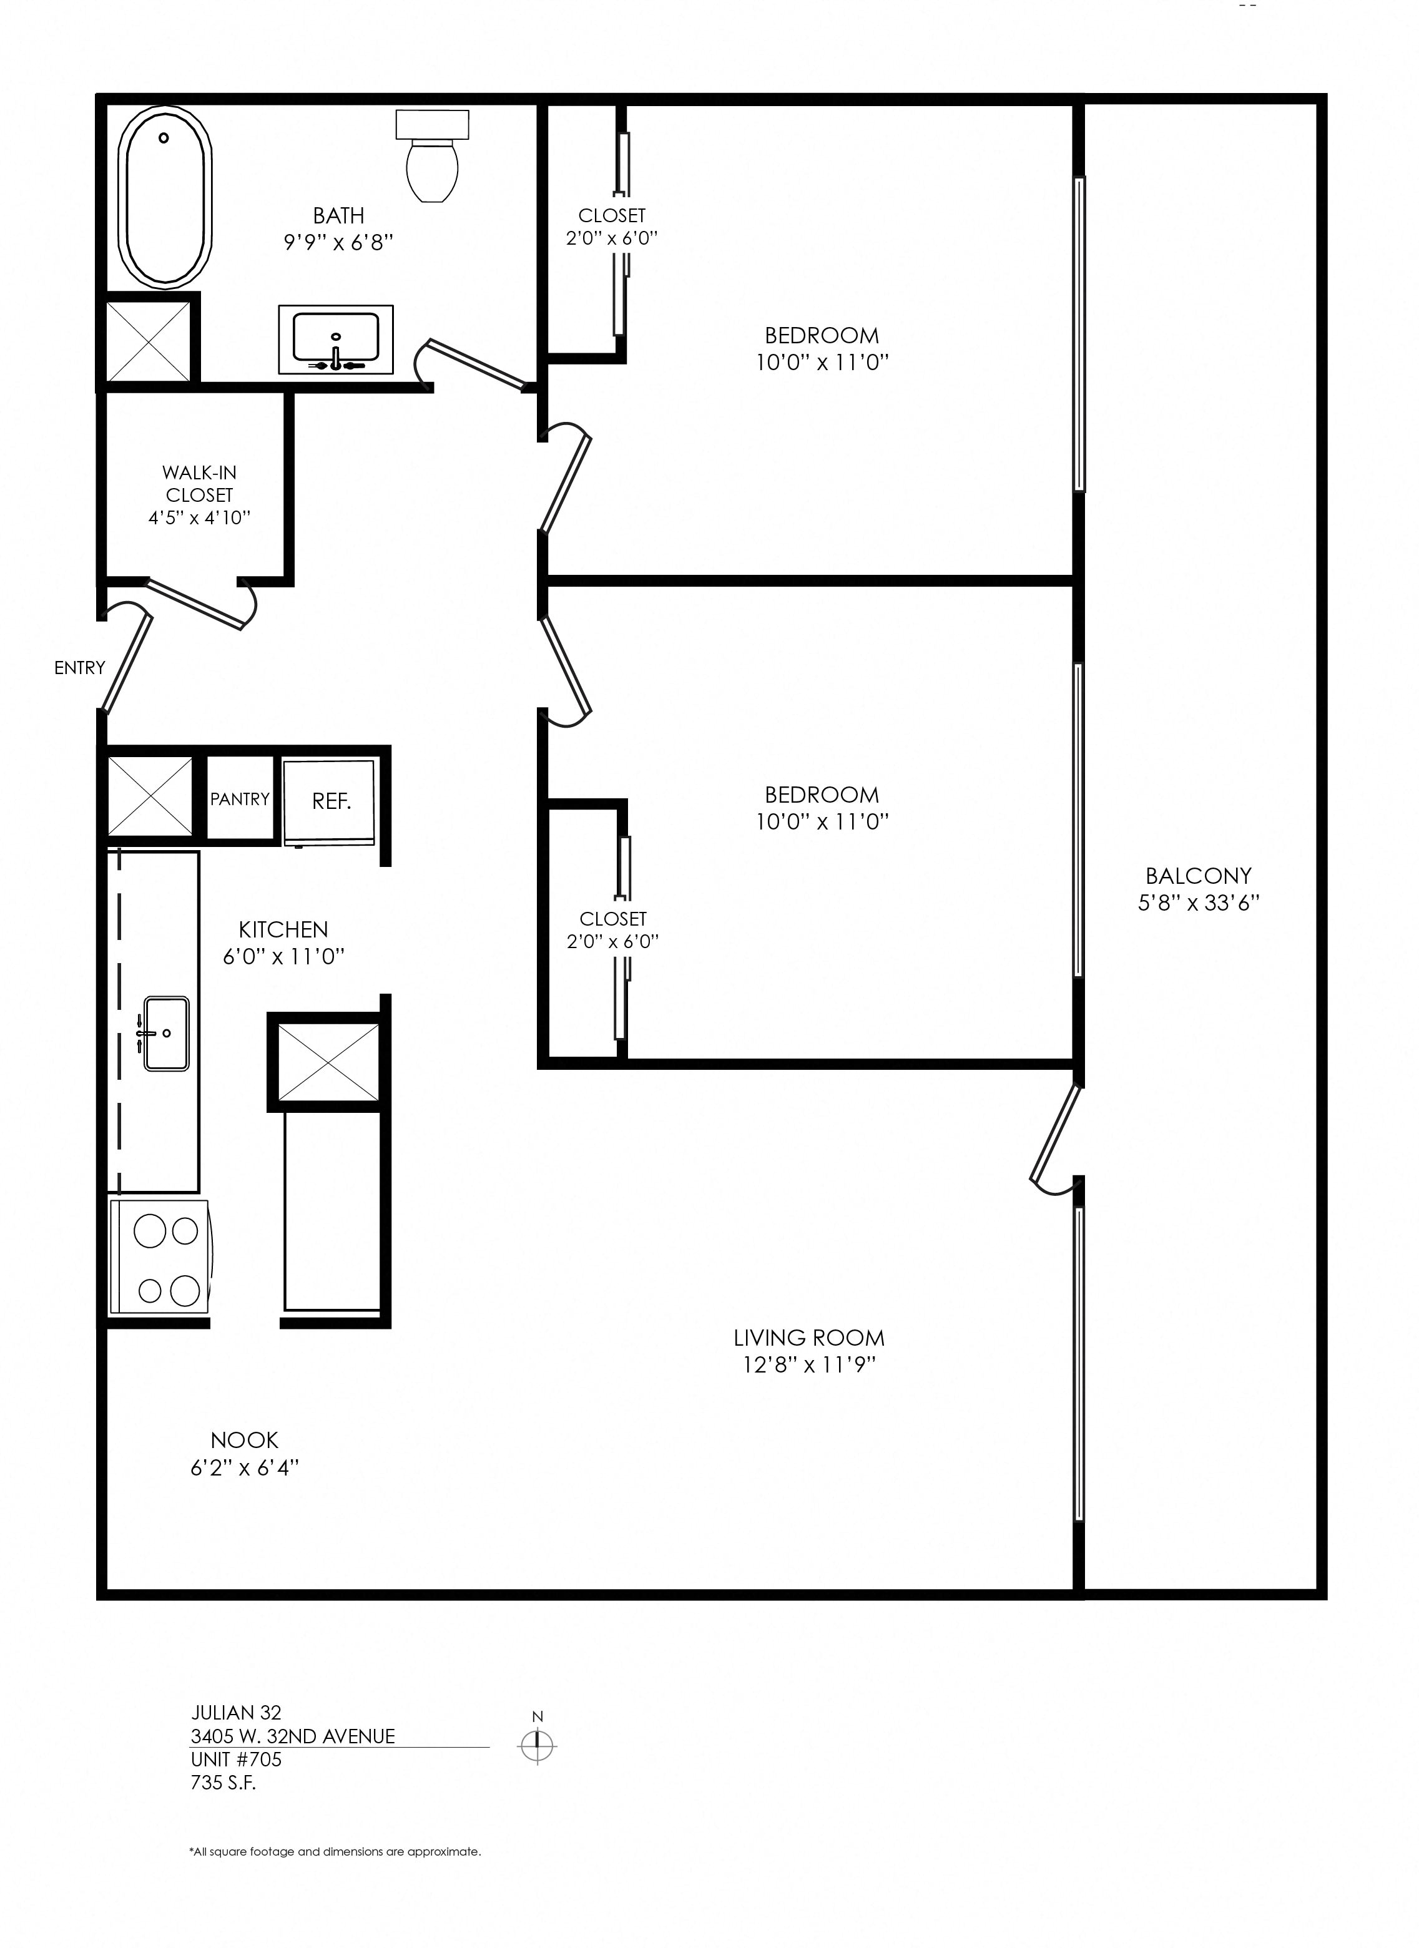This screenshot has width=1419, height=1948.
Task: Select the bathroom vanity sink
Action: coord(336,338)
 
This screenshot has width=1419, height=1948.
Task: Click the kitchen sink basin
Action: coord(167,1032)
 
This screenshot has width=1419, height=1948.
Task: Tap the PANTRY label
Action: coord(240,799)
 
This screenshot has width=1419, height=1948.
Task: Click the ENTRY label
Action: coord(79,667)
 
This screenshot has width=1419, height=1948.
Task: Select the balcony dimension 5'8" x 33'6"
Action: coord(1198,903)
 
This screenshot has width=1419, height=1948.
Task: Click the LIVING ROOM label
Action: coord(808,1338)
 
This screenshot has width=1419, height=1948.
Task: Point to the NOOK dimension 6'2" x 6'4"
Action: coord(244,1468)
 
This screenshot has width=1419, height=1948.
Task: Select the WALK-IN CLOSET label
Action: coord(199,484)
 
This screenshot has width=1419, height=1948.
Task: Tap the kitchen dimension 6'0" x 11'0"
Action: coord(283,956)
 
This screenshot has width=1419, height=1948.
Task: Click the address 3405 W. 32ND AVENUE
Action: coord(293,1736)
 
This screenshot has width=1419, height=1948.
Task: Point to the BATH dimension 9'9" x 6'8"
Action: coord(338,242)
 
